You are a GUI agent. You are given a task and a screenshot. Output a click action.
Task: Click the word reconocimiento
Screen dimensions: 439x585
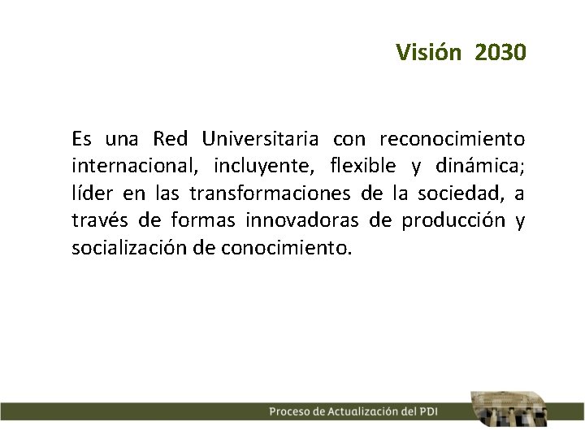point(452,138)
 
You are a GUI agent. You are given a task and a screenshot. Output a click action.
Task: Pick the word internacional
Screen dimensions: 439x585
point(135,166)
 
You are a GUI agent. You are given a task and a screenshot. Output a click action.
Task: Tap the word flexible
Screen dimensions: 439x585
point(364,166)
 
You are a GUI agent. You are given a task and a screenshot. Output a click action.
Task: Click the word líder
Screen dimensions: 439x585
point(93,193)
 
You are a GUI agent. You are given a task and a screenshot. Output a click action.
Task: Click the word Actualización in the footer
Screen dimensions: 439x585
point(363,411)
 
